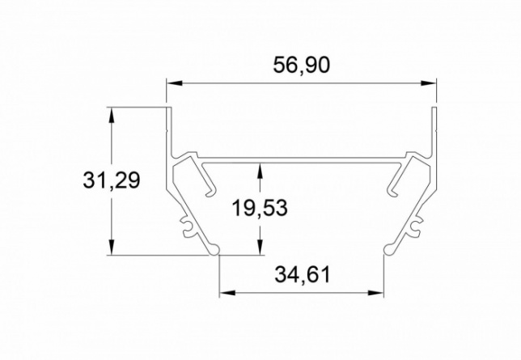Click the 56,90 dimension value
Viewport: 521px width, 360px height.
pos(302,66)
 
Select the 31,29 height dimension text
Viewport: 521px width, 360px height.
pos(112,181)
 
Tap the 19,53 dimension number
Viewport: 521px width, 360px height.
pos(260,208)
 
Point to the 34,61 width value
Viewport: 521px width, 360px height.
pos(303,275)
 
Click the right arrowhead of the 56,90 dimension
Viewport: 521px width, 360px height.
pos(428,83)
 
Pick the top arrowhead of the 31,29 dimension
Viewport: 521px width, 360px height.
pos(112,115)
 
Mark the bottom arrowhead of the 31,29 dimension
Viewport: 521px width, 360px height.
pos(112,247)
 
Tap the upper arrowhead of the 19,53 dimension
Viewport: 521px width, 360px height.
pos(260,171)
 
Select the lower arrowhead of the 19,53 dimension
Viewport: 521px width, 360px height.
pos(260,247)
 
